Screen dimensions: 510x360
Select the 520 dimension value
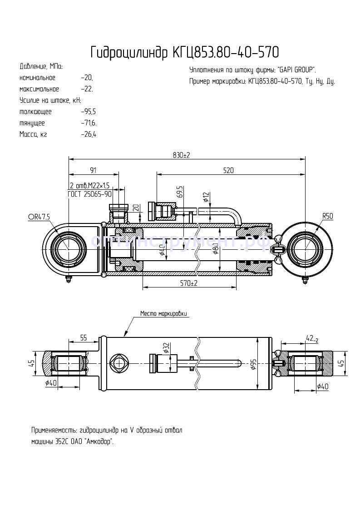point(228,170)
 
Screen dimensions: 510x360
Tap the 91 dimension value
point(93,170)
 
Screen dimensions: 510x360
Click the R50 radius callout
point(328,216)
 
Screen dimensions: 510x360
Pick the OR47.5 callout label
point(39,217)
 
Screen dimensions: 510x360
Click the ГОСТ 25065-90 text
point(89,194)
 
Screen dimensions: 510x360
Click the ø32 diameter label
point(167,347)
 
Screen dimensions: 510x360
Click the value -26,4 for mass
point(88,134)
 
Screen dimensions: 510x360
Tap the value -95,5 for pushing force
point(88,112)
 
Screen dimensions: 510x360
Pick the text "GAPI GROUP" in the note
point(296,70)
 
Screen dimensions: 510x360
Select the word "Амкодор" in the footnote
point(99,441)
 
